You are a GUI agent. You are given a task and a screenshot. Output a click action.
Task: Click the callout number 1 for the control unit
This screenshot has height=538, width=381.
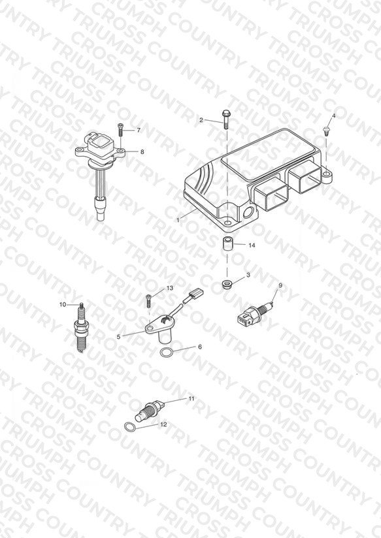tap(178, 220)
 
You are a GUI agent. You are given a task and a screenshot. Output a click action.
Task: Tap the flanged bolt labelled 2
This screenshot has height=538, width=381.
tap(225, 119)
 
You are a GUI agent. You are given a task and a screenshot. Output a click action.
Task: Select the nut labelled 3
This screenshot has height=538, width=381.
tap(226, 285)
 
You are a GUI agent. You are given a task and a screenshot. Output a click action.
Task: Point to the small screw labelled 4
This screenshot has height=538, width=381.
tap(325, 130)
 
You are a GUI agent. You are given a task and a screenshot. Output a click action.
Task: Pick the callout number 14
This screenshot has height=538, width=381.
tap(252, 245)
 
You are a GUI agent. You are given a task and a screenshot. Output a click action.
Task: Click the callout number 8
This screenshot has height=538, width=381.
tap(142, 151)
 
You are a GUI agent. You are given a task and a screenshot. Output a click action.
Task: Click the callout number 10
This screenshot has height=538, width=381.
tap(63, 304)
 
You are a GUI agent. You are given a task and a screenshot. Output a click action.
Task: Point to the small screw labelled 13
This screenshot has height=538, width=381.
tap(149, 301)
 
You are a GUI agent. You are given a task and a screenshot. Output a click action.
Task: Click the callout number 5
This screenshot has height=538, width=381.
tap(118, 337)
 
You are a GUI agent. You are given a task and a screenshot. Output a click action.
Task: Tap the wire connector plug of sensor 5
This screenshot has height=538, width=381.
tap(196, 294)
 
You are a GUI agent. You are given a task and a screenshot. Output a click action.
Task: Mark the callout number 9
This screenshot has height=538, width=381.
tap(280, 285)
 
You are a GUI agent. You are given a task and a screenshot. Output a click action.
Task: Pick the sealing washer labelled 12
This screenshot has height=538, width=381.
tap(129, 427)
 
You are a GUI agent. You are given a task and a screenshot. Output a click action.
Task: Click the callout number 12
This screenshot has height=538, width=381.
tap(163, 424)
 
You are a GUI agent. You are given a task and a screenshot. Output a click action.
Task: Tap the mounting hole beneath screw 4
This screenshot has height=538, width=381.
tap(325, 175)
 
